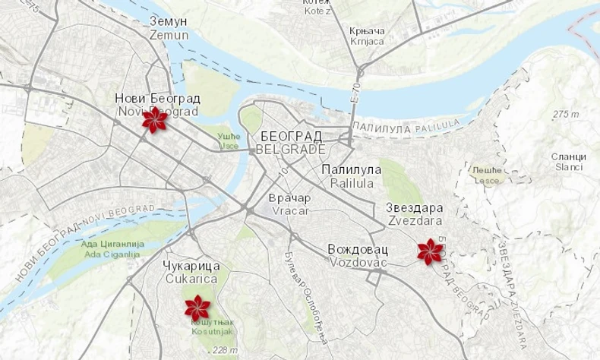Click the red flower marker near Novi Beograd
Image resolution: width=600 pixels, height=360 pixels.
click(x=155, y=120)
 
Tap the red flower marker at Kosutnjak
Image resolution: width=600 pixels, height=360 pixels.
click(x=197, y=308)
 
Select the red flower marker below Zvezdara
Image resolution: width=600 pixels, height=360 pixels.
click(x=431, y=251)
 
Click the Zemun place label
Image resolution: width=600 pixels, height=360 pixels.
click(x=169, y=28)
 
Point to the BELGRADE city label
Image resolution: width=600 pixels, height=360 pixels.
click(x=291, y=143)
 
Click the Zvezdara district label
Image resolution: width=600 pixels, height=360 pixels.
click(x=415, y=214)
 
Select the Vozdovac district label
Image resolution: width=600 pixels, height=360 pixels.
click(x=358, y=255)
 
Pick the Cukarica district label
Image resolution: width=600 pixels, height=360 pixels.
click(x=191, y=272)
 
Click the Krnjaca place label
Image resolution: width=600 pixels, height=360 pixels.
click(x=368, y=36)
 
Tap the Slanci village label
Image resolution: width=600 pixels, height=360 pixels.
click(x=569, y=162)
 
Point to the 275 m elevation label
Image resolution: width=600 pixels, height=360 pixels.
click(x=566, y=114)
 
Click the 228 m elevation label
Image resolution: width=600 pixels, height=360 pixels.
click(x=225, y=350)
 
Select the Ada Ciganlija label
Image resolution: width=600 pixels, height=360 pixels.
click(x=112, y=249)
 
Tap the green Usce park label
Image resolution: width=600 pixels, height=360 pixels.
click(x=229, y=141)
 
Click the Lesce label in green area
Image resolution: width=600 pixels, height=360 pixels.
click(x=487, y=175)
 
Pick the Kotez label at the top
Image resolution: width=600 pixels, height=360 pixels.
click(x=317, y=8)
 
